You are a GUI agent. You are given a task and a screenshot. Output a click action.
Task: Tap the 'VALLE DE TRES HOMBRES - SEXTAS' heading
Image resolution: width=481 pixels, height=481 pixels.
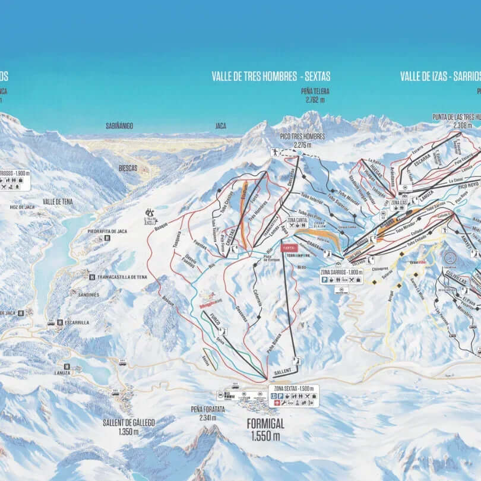click(x=271, y=77)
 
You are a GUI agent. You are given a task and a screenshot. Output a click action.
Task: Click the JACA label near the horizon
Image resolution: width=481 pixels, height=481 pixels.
click(x=220, y=126)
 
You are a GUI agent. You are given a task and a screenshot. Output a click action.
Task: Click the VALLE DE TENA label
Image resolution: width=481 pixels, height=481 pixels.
click(x=58, y=202)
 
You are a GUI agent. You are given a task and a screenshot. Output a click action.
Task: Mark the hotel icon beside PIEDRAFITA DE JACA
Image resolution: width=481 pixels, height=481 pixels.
click(x=107, y=238)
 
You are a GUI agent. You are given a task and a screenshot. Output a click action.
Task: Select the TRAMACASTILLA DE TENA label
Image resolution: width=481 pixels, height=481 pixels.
click(x=122, y=277)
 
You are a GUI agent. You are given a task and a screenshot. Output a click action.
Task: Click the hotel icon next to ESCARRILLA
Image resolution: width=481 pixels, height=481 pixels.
click(x=60, y=322)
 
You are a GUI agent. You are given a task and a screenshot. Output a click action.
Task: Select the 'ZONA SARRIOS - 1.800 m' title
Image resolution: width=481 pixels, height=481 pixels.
click(x=341, y=271)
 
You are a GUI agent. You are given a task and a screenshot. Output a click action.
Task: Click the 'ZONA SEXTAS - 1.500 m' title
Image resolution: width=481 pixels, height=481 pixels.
click(x=294, y=388)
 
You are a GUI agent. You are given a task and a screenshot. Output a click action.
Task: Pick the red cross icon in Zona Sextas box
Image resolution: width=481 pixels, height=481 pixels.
click(x=274, y=403)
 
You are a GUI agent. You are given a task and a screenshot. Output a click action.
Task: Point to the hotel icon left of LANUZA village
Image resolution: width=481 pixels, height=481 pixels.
click(x=66, y=366)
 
